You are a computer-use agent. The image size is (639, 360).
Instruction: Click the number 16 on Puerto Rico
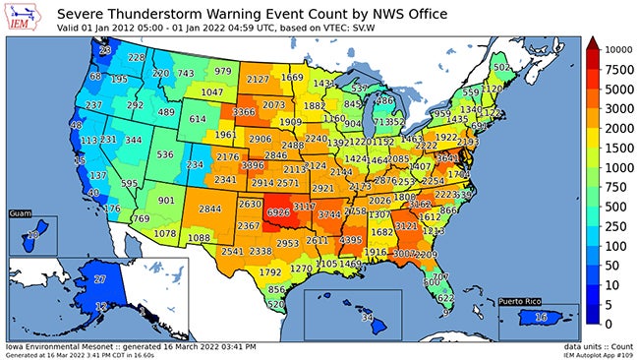[x=540, y=319]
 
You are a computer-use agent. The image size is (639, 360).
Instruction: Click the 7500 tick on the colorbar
[x=617, y=69]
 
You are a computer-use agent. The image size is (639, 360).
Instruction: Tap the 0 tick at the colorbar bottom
[x=610, y=324]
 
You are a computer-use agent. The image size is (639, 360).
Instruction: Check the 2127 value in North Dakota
[x=259, y=79]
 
